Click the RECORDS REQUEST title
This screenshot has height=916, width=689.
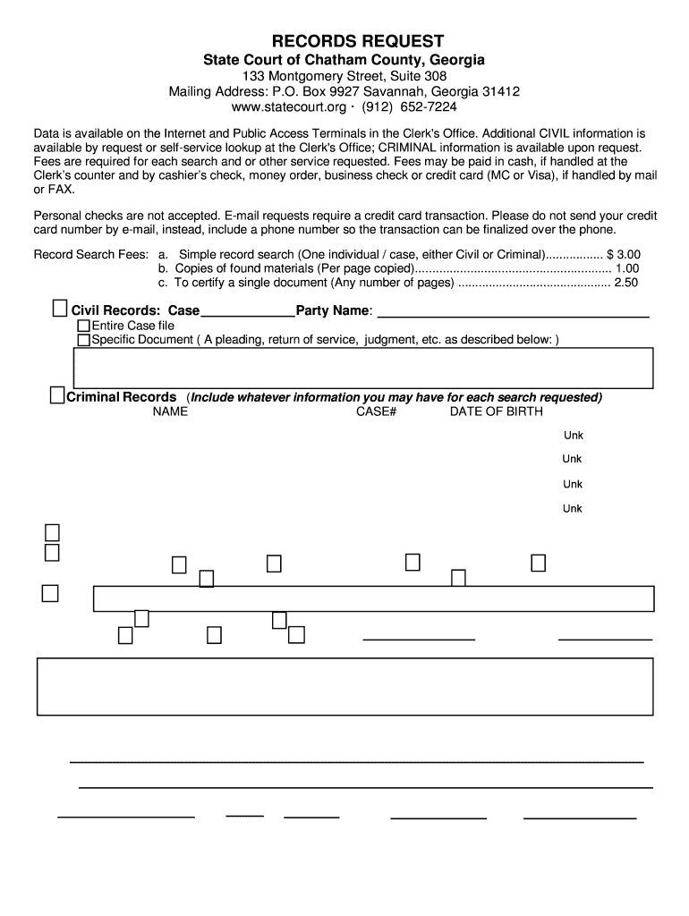(x=344, y=41)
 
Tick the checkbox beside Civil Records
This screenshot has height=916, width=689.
(x=59, y=310)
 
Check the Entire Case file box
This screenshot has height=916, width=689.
(x=83, y=327)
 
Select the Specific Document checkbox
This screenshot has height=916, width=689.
(x=83, y=340)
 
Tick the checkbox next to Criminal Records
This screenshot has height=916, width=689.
(x=56, y=395)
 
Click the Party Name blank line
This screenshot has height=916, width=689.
(x=514, y=312)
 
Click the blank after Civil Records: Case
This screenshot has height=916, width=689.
(x=247, y=312)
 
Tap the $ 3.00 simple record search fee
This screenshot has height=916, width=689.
(x=623, y=254)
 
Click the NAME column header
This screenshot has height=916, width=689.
(x=170, y=411)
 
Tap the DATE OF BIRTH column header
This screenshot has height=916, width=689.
(x=496, y=411)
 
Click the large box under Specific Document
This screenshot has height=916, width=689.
(x=362, y=367)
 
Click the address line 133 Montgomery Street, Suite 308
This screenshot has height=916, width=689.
(x=344, y=76)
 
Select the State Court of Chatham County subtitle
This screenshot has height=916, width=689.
(x=344, y=60)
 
